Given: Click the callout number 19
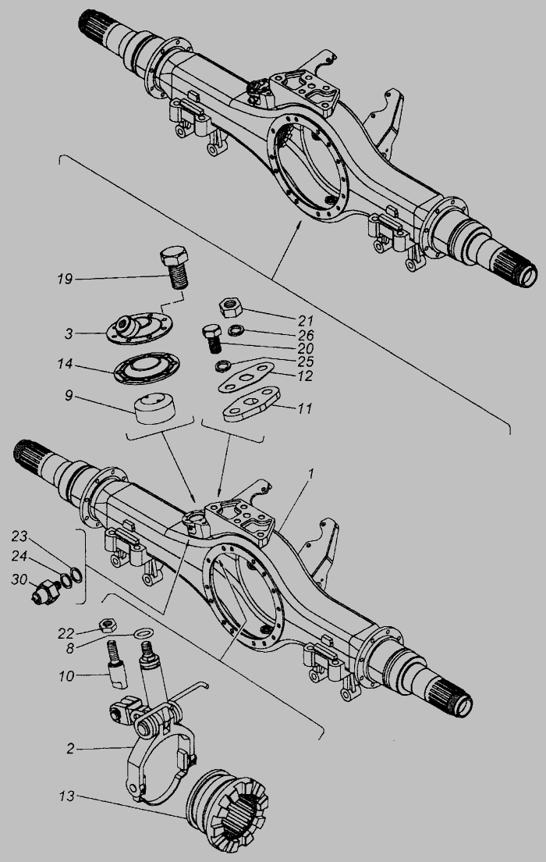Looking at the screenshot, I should (x=66, y=277).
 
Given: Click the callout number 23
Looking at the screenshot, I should (x=20, y=536).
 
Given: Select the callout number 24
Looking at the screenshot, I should (x=20, y=557).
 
